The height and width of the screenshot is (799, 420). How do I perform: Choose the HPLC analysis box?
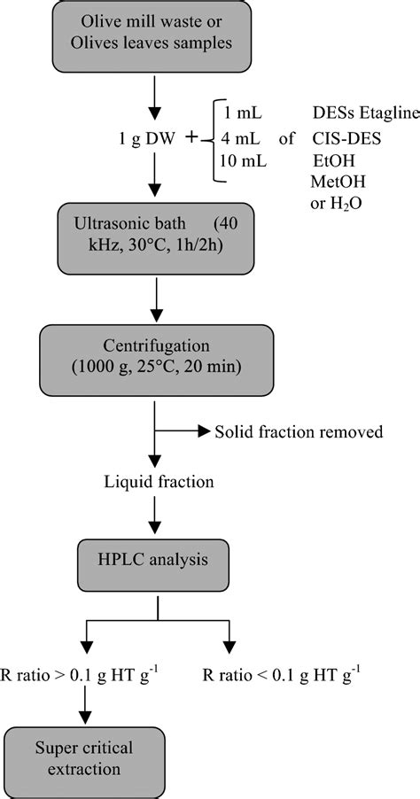(155, 560)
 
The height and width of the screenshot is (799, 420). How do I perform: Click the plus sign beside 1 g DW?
(192, 137)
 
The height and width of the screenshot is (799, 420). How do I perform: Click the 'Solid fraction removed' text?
(299, 432)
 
